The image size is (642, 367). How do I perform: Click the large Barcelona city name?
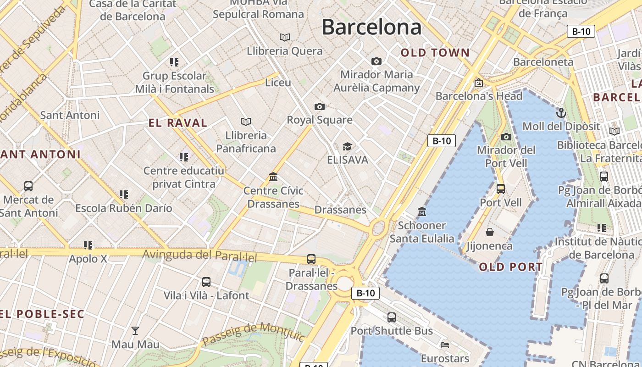tap(371, 27)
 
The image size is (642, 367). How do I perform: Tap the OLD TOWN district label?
tap(435, 53)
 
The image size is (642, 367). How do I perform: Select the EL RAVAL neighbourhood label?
tap(178, 123)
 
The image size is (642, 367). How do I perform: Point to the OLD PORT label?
tap(511, 267)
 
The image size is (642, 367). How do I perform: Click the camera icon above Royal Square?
tap(320, 107)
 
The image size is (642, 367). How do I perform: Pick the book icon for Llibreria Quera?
tap(285, 37)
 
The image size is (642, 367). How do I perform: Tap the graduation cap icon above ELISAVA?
tap(347, 146)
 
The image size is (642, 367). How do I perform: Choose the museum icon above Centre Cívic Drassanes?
tap(274, 177)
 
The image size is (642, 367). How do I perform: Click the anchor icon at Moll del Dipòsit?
tap(561, 113)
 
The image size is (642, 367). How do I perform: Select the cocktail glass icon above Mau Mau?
tap(135, 330)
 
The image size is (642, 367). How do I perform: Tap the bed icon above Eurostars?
tap(444, 345)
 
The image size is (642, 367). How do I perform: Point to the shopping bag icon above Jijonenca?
tap(490, 232)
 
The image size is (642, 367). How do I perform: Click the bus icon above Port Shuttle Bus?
tap(392, 317)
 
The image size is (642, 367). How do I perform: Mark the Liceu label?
tap(278, 83)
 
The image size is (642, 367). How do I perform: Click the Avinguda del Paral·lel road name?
tap(199, 255)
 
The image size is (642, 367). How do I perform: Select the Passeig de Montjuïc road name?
tap(254, 334)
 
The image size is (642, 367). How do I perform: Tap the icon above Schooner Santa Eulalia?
tap(421, 211)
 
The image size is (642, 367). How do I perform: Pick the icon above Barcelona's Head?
tap(479, 83)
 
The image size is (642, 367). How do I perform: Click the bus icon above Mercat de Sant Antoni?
tap(28, 186)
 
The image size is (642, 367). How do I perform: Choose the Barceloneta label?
tap(543, 62)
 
